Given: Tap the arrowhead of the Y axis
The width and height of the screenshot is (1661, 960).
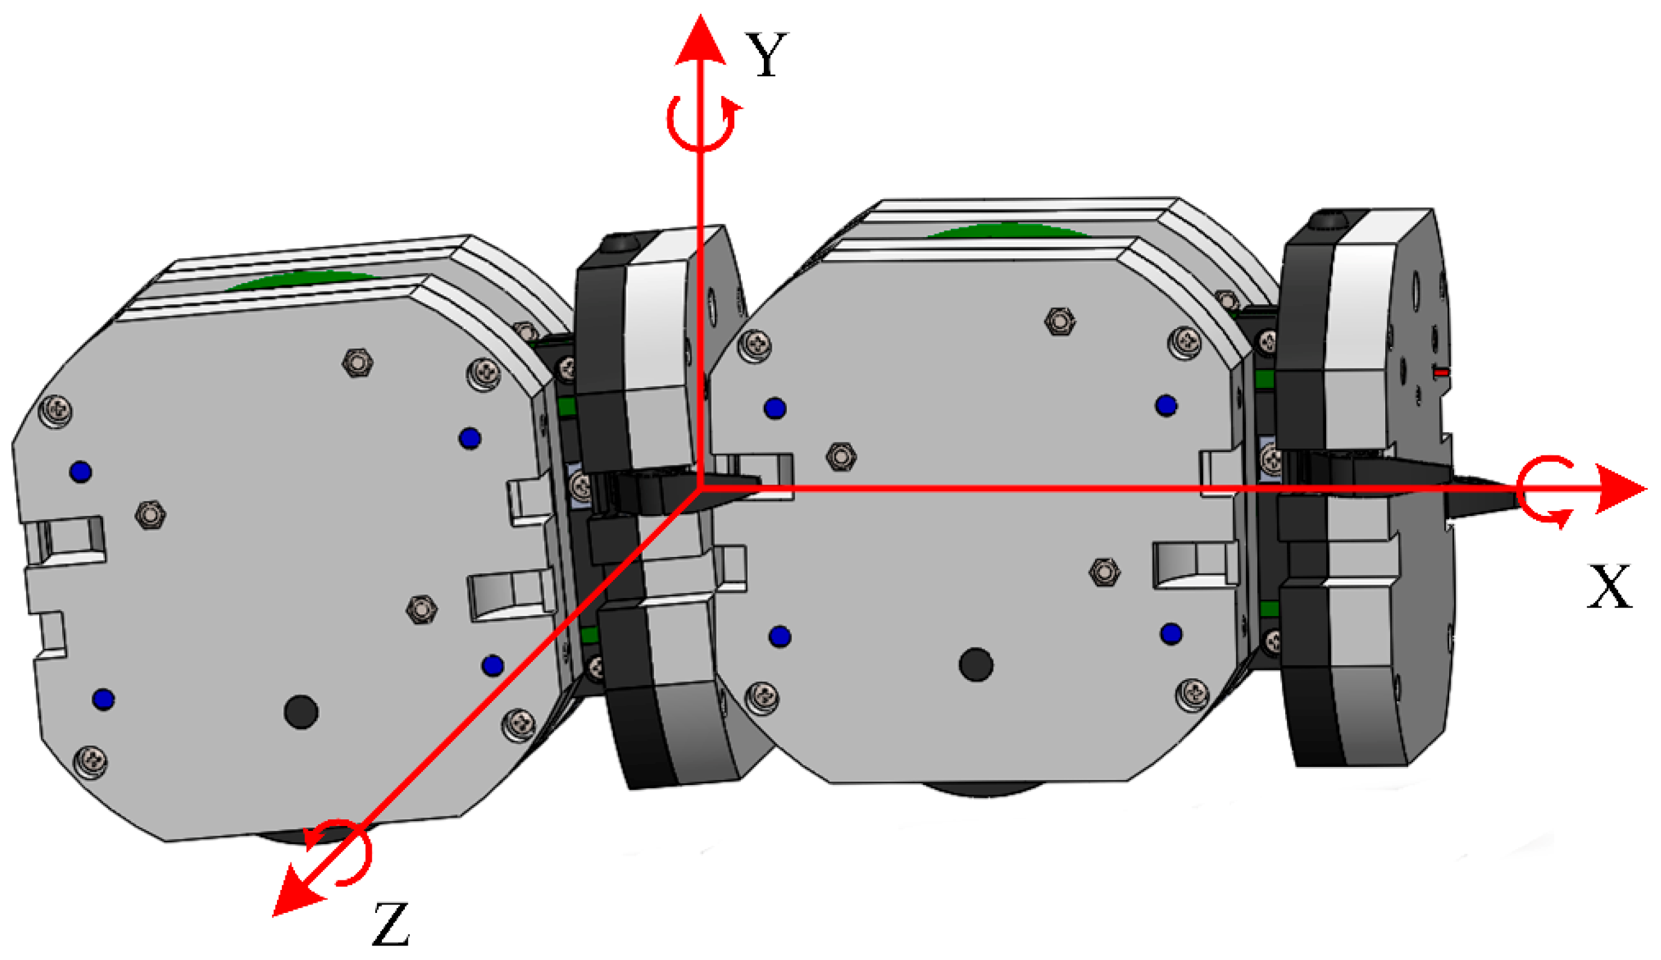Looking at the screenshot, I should tap(700, 41).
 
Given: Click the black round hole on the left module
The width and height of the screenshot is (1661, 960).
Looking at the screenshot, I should tap(301, 711).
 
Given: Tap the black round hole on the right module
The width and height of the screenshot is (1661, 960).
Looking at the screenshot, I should tap(976, 664).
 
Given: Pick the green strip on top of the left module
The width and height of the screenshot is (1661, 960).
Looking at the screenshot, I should tap(300, 281).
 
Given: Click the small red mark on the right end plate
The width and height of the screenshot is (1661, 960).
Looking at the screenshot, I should tap(1441, 372).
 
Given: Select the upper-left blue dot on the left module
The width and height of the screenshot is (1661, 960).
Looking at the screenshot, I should tap(81, 471).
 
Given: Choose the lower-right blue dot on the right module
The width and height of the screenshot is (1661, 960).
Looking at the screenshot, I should tap(1170, 634).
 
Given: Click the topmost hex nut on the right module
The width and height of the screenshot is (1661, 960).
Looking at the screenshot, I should tap(1059, 322).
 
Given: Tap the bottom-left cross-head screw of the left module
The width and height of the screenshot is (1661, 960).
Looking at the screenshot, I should tap(91, 762).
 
